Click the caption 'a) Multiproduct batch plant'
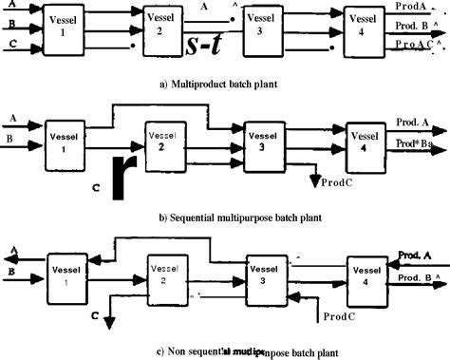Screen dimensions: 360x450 (224, 85)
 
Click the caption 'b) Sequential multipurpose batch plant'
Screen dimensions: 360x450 (224, 218)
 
